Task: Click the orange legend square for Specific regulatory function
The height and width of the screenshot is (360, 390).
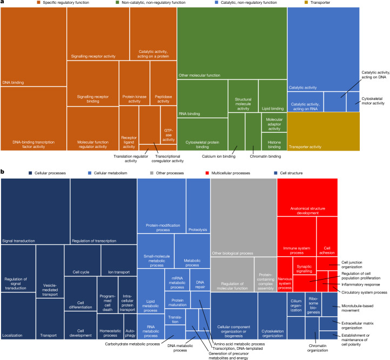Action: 38,3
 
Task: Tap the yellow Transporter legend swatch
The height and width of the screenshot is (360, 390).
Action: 306,3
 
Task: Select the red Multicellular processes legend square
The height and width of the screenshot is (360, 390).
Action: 207,173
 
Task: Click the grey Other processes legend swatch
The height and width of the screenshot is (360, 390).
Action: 152,173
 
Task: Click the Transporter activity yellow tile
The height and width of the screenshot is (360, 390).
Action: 324,132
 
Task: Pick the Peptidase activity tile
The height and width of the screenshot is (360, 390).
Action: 164,83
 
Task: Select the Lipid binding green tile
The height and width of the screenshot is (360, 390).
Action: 273,96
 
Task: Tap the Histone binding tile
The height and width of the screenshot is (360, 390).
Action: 274,141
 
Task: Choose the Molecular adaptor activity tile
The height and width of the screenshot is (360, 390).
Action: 274,122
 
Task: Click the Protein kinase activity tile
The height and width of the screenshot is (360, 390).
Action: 135,83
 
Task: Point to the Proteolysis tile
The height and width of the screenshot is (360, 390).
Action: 198,206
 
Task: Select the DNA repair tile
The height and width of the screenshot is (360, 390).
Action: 200,280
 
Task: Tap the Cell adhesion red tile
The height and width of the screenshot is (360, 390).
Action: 327,236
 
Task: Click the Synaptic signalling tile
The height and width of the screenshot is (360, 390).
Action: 305,266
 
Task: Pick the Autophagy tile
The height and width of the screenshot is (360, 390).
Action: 130,327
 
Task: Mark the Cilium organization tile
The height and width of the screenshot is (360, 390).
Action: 296,304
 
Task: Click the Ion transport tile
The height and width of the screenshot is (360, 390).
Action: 119,260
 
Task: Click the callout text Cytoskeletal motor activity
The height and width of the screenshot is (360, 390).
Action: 373,101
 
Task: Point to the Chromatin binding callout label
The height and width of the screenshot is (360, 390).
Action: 265,157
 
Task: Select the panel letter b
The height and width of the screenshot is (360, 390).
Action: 3,172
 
